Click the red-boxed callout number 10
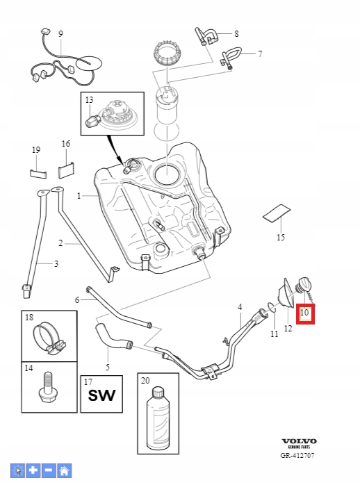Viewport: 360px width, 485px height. click(304, 314)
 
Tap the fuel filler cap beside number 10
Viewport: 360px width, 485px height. click(304, 286)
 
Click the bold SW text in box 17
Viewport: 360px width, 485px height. click(101, 397)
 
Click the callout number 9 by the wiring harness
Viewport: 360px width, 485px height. click(60, 33)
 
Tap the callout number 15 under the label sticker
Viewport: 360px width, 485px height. click(281, 237)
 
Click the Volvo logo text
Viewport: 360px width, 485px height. click(299, 441)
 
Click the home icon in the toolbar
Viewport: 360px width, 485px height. click(64, 470)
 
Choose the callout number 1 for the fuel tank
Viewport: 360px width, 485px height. click(79, 196)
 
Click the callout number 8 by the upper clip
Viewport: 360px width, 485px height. click(236, 33)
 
